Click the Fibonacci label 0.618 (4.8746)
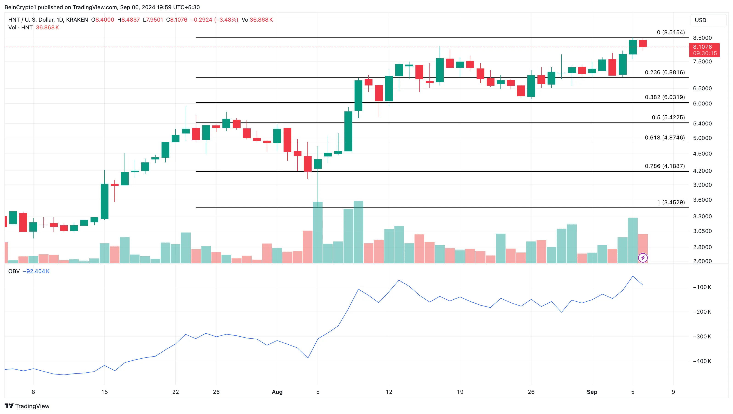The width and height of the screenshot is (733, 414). (x=665, y=138)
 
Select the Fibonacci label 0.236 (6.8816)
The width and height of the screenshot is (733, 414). (x=665, y=72)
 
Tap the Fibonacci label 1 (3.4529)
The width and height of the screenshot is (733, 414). (x=671, y=202)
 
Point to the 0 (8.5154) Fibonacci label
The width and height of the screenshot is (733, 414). (x=671, y=32)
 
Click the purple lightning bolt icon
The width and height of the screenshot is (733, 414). (x=643, y=258)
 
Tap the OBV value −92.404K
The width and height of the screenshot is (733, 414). (x=36, y=271)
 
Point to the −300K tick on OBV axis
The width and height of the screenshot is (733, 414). (x=702, y=337)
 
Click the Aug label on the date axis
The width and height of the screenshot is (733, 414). (x=277, y=392)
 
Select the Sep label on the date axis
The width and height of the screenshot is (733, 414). (x=592, y=392)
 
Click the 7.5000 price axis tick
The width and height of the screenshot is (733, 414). (x=702, y=62)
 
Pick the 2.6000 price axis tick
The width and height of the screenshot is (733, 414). (x=702, y=261)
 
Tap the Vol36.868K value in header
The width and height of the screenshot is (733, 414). (x=257, y=20)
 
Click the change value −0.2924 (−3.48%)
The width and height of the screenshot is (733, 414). (x=214, y=20)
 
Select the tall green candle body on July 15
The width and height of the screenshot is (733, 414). (x=104, y=201)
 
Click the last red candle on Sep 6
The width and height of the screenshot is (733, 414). (x=643, y=43)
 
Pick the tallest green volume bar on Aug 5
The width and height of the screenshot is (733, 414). (x=318, y=232)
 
